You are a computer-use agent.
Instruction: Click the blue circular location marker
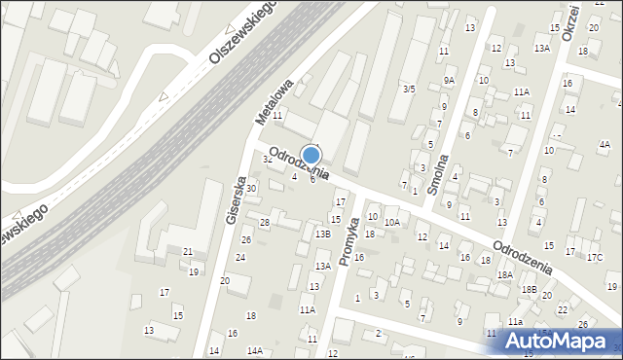(x=311, y=155)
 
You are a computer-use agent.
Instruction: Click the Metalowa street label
(x=274, y=101)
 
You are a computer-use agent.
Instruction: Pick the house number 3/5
(x=410, y=90)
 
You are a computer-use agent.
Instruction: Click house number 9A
(x=449, y=80)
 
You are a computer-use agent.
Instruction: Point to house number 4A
(x=605, y=145)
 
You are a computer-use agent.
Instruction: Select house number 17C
(x=595, y=257)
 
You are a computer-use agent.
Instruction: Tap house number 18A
(x=504, y=275)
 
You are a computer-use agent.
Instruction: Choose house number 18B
(x=529, y=289)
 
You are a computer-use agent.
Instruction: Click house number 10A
(x=391, y=223)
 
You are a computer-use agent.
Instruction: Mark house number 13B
(x=323, y=234)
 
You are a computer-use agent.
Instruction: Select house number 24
(x=239, y=257)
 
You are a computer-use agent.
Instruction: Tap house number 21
(x=187, y=252)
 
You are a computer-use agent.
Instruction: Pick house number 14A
(x=254, y=350)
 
